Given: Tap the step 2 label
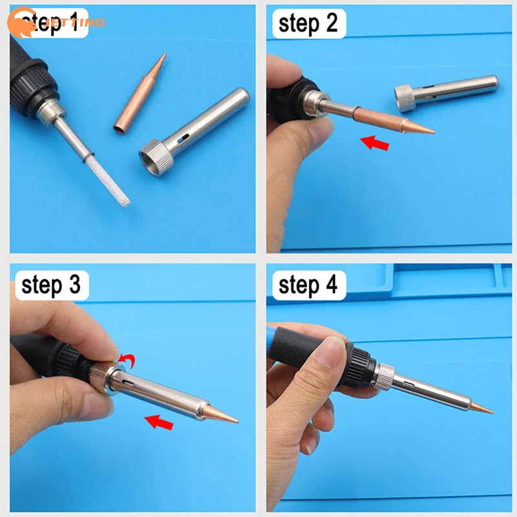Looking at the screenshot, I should coord(308,25).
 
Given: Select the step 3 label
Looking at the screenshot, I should coord(51,285).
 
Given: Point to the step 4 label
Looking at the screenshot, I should coord(308,285).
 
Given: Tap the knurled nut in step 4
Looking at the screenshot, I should coord(385,375).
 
